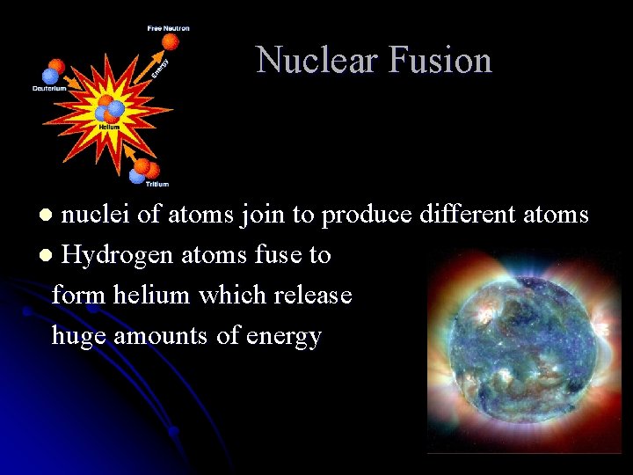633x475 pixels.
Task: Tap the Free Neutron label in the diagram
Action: click(x=168, y=28)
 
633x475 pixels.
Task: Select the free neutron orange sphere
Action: click(x=171, y=41)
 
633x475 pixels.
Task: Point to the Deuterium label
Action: click(x=49, y=88)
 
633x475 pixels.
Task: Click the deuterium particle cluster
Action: click(x=54, y=70)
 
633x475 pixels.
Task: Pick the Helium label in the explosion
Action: click(x=109, y=127)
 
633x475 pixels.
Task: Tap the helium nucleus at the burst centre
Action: click(x=111, y=109)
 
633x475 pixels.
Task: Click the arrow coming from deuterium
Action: click(x=80, y=89)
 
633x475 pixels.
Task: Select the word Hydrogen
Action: click(x=117, y=256)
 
